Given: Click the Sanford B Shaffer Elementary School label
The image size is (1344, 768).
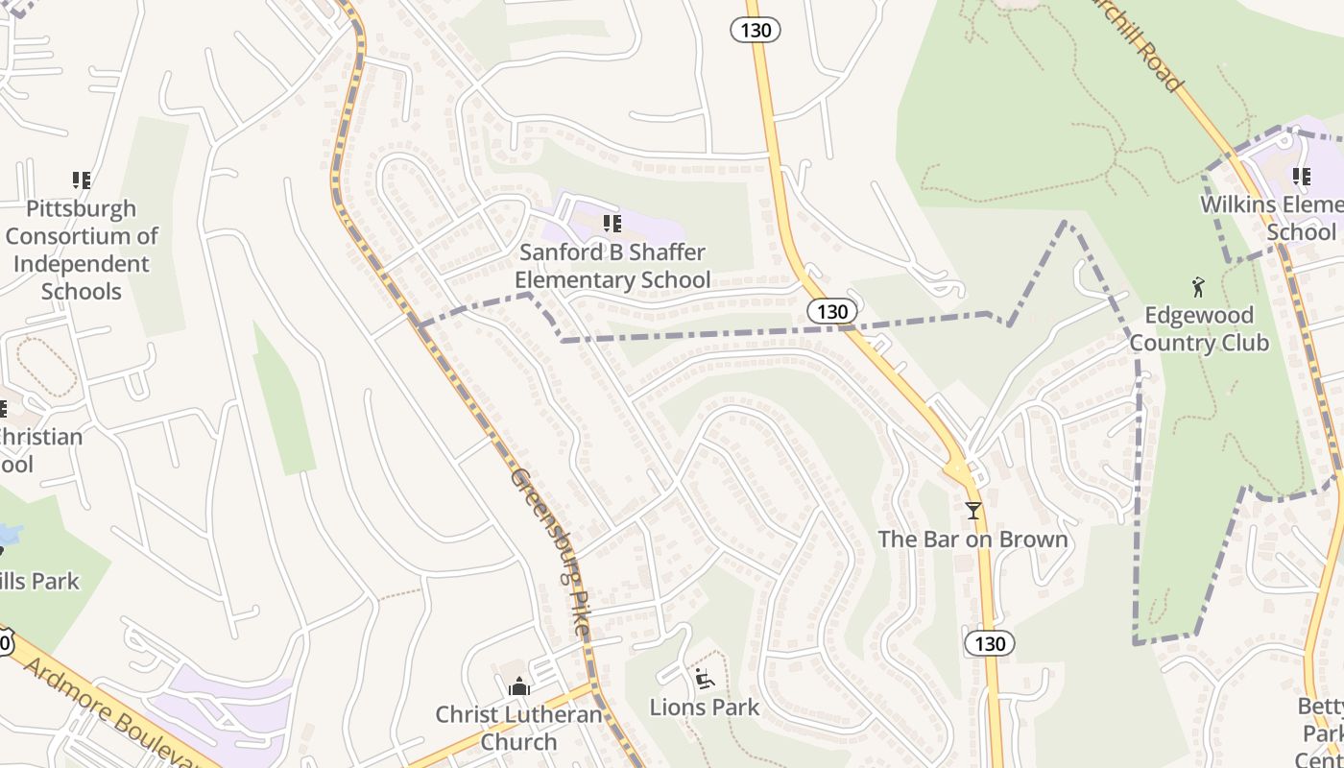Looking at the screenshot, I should pos(612,267).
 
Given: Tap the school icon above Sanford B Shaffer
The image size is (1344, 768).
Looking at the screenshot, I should pos(612,225).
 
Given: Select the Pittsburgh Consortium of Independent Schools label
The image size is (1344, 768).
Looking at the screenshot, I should pos(82,250).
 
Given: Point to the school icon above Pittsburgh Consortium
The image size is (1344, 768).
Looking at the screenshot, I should pos(82,180).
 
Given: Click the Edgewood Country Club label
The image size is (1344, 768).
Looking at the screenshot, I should pos(1199,329).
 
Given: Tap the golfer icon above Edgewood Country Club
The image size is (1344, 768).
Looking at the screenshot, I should pos(1197,286).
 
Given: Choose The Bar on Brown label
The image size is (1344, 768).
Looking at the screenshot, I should pos(972,540).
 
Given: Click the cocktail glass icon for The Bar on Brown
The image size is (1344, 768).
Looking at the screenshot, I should pos(973,510).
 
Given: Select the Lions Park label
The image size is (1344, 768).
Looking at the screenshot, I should pos(705,708).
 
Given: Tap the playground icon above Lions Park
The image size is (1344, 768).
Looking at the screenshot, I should pos(705,679).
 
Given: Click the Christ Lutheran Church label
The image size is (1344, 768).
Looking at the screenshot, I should pos(518,728).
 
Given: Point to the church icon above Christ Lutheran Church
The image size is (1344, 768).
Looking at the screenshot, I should pos(518,687).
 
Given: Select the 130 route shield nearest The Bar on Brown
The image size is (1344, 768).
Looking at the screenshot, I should pos(989,642).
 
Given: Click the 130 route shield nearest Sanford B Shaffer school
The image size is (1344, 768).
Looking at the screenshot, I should pos(831,311).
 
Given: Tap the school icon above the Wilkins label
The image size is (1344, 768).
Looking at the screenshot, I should pos(1301,177).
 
